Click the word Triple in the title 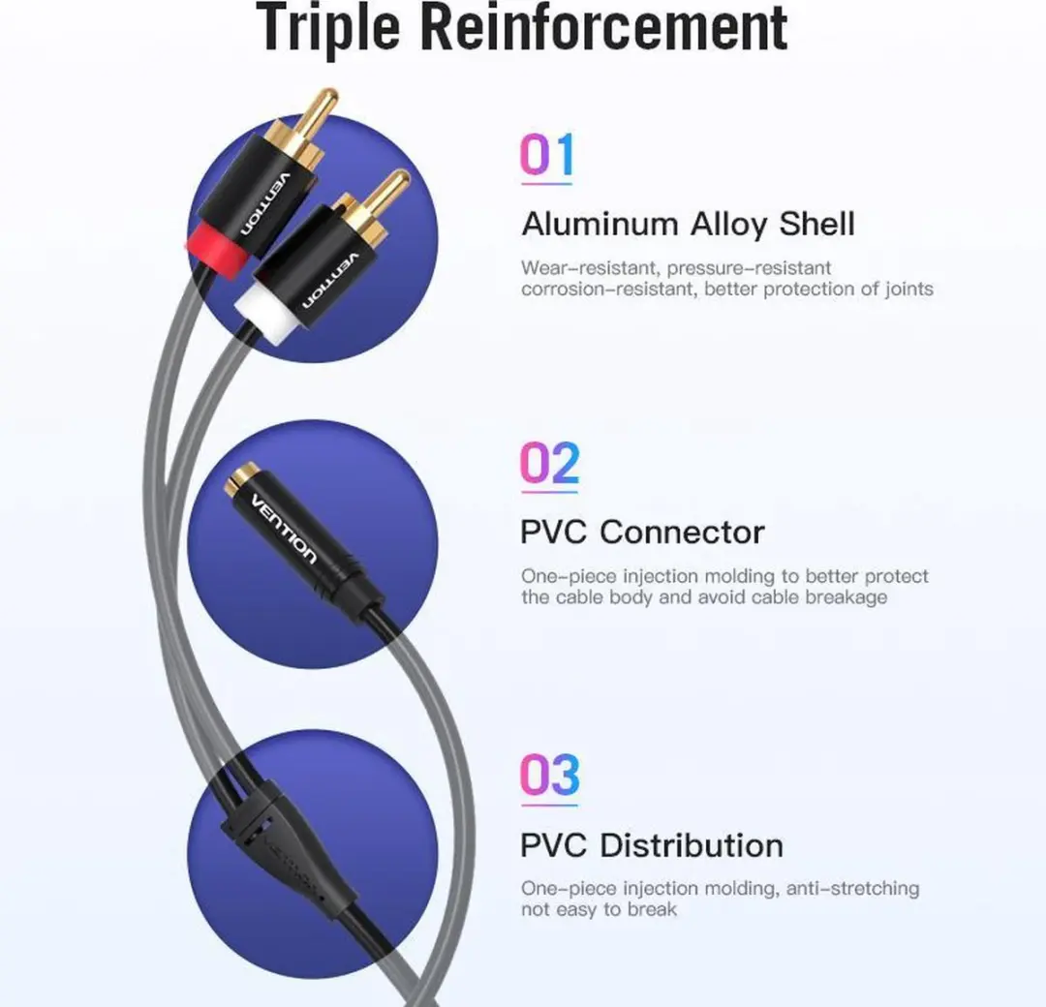point(327,28)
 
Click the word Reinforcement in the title point(604,27)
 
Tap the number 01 point(546,154)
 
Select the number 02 point(549,462)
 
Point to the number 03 point(549,775)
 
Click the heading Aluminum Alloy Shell point(688,224)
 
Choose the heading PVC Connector point(642,533)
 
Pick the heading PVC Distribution point(651,845)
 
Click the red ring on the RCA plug point(218,250)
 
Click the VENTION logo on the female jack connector point(284,529)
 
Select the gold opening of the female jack point(241,480)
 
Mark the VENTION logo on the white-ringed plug point(331,281)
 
